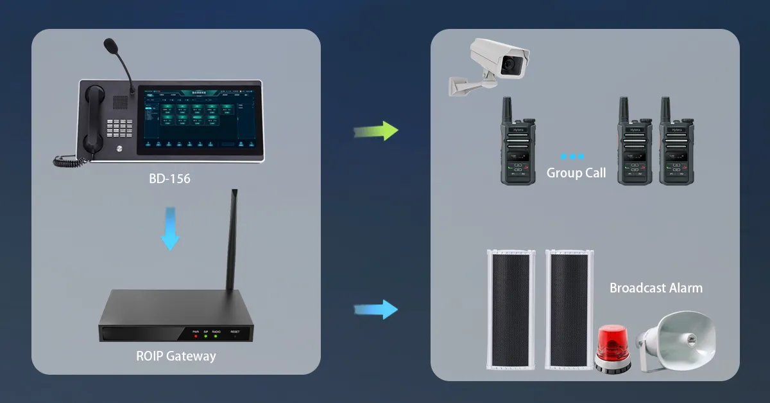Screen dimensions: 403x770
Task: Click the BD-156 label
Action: [169, 179]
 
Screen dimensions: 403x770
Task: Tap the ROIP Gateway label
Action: [176, 355]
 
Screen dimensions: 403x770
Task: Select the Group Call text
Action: [576, 173]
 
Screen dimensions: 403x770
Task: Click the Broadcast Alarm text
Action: [656, 288]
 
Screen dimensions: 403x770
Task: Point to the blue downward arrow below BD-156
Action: [170, 228]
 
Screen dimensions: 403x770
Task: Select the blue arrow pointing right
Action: [377, 309]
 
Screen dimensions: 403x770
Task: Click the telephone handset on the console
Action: [94, 119]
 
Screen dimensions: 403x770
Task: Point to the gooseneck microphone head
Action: [111, 46]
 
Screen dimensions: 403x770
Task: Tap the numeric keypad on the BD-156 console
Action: [120, 129]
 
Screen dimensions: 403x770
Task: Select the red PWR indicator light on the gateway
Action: [196, 336]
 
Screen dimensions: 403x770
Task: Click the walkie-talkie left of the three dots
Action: [517, 145]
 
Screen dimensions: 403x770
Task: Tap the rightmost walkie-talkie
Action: [676, 145]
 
